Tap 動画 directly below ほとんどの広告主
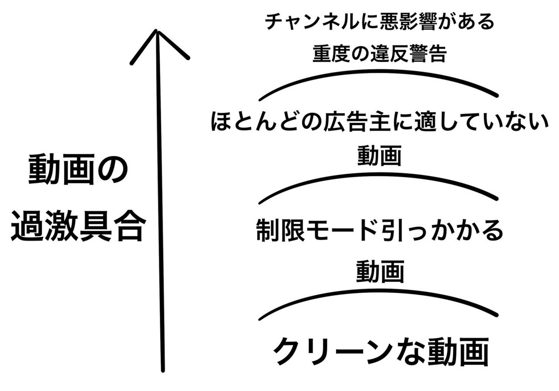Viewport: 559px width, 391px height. click(379, 155)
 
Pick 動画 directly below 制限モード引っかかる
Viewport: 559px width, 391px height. click(379, 271)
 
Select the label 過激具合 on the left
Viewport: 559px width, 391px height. click(76, 226)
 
